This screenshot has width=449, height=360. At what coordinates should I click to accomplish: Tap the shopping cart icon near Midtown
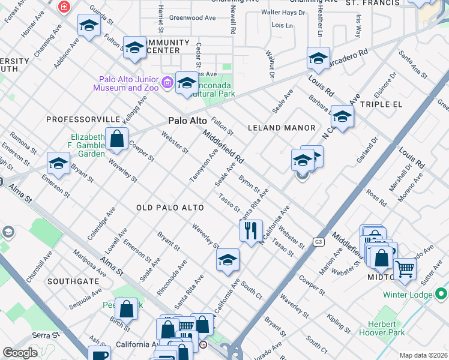405,269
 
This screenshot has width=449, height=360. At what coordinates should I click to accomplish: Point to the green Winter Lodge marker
441,294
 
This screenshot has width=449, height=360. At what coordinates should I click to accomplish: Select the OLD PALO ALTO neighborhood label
170,208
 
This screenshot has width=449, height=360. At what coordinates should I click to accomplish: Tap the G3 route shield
318,242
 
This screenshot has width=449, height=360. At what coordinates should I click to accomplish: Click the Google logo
20,353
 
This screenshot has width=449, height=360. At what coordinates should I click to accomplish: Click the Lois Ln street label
282,26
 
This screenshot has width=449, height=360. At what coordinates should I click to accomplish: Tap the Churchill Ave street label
40,259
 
